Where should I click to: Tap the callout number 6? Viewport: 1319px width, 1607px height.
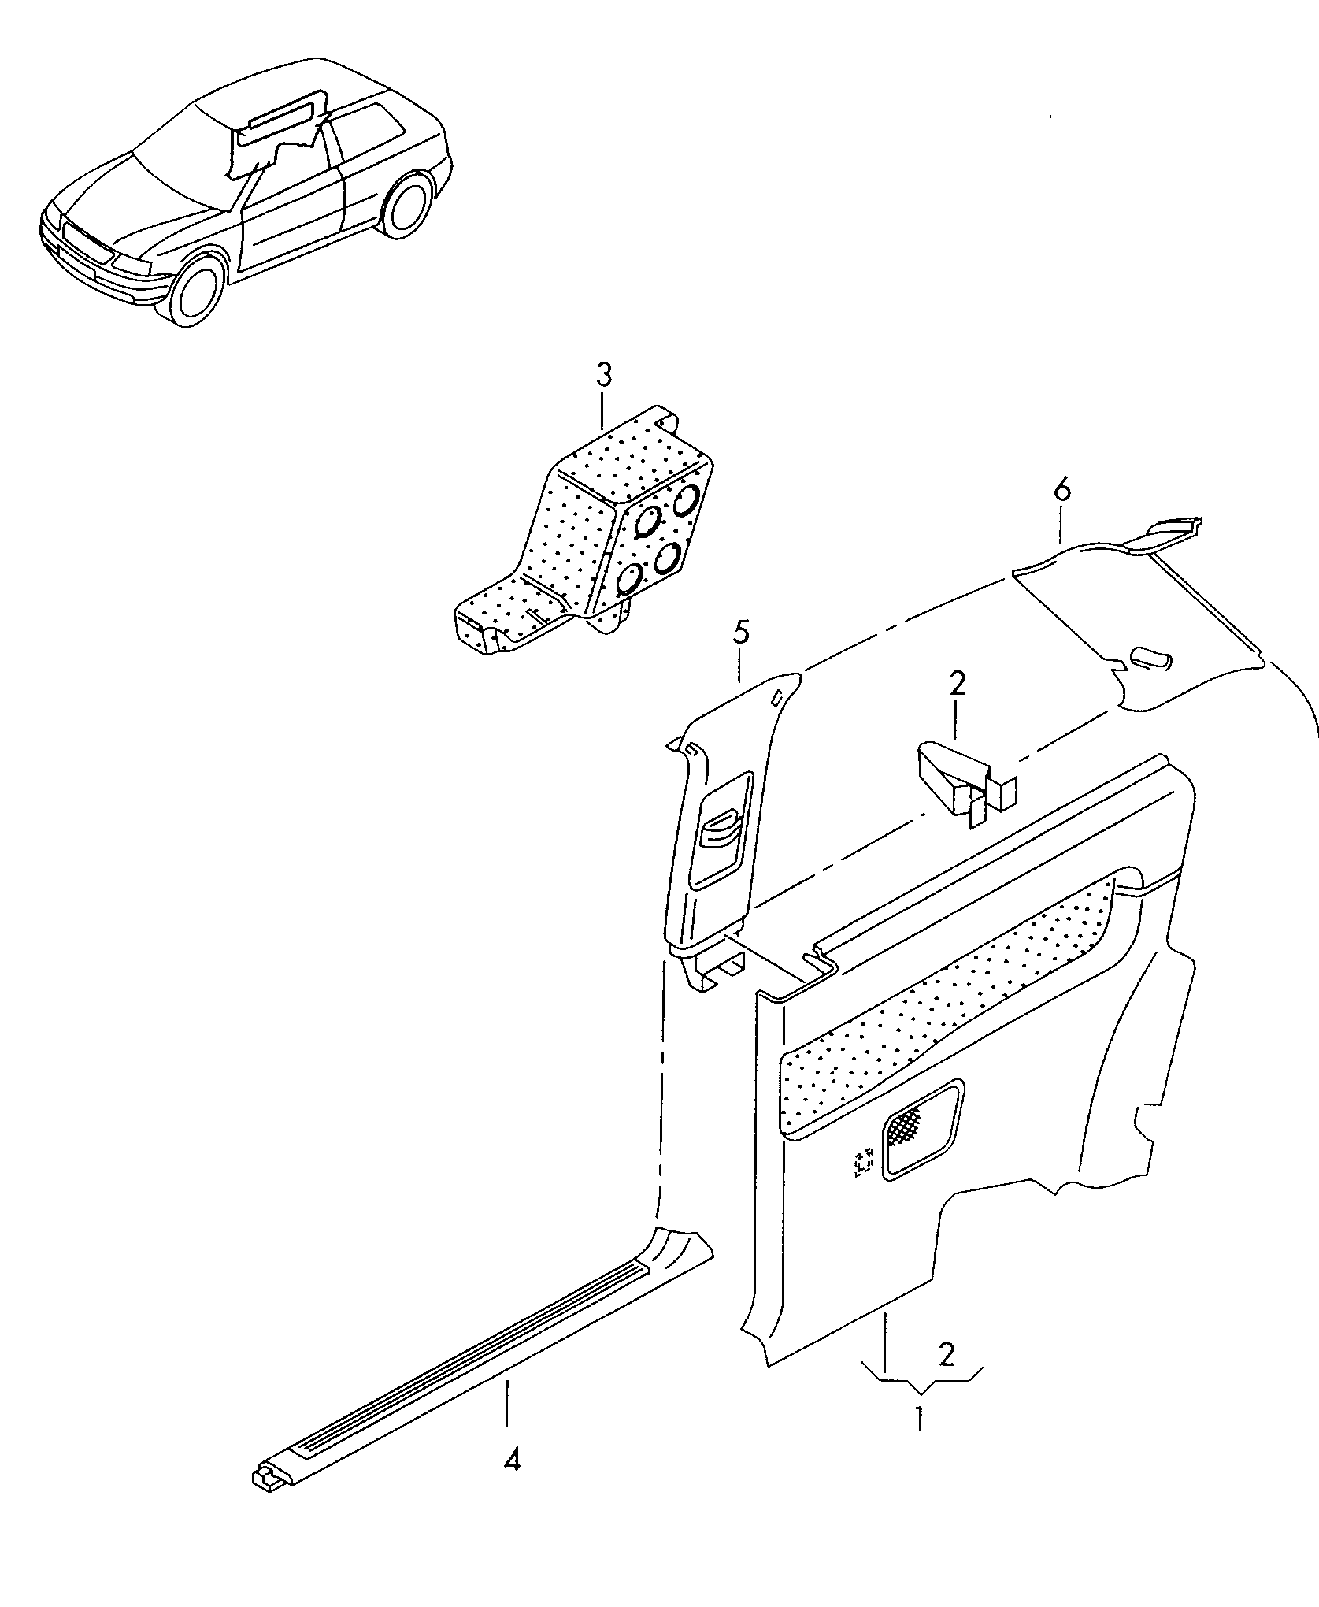(1061, 491)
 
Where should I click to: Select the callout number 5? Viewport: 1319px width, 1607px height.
(741, 634)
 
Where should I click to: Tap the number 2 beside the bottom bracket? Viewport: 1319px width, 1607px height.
(947, 1354)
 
